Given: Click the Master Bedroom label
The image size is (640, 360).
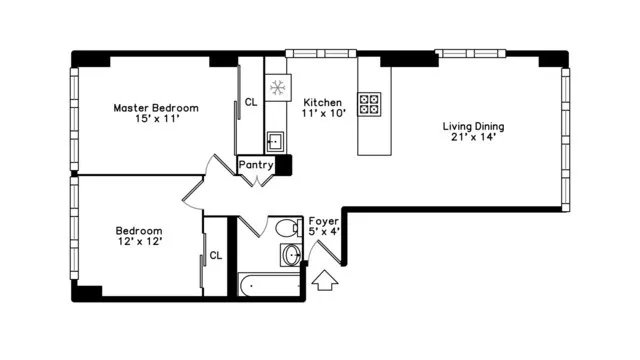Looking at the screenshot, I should pos(155,108).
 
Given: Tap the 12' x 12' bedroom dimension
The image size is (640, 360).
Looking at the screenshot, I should pos(139,241).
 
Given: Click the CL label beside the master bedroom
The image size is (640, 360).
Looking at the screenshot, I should pos(250,102).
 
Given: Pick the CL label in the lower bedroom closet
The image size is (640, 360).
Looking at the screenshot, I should pos(215,256).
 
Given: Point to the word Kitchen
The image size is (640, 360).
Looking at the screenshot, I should pos(323,102).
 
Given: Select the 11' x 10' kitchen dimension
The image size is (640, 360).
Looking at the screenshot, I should pos(324,114).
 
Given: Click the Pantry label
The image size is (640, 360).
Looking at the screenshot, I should pos(256,165).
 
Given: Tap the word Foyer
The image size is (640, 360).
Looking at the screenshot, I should pos(323,220).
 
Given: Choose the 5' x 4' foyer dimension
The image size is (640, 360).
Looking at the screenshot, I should pos(324,232).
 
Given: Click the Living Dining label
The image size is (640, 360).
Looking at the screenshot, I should pos(474,127).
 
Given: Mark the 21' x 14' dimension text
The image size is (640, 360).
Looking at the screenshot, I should pos(475,140).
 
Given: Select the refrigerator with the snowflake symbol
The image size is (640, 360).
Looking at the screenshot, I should pos(277,87).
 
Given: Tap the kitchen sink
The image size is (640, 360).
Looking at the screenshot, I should pos(275,141).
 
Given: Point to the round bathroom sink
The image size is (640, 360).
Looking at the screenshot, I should pos(291,256).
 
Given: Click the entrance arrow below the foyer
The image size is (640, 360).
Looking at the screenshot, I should pos(324,284).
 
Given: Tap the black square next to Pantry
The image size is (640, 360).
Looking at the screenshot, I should pos(283,165).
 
